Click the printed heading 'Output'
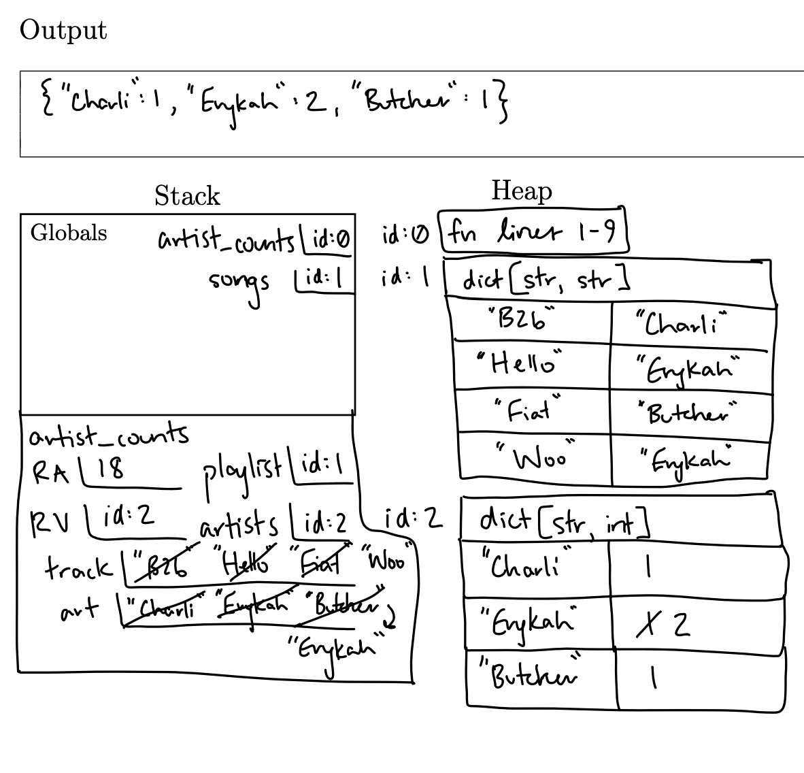click(63, 31)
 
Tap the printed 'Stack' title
click(187, 196)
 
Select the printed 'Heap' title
click(521, 191)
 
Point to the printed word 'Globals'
click(69, 233)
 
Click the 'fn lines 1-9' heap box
click(532, 233)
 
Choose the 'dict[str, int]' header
click(564, 521)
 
